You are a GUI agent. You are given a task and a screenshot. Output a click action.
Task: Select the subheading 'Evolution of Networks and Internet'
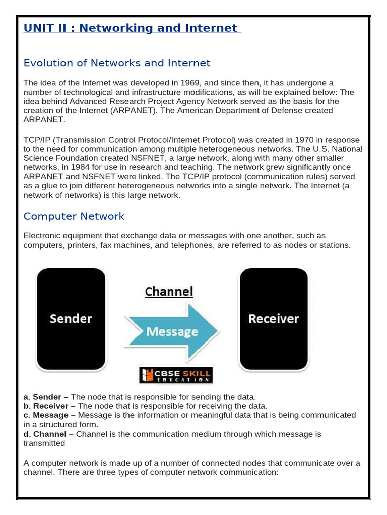[x=117, y=63]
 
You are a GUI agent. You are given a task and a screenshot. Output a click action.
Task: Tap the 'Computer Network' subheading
[x=74, y=216]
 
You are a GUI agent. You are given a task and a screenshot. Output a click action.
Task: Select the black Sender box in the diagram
[x=71, y=319]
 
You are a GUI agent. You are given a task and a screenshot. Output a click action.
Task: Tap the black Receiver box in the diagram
[x=273, y=319]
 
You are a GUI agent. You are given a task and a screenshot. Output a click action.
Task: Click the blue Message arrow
[x=172, y=331]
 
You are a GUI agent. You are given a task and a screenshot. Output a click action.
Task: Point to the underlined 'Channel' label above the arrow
[x=169, y=292]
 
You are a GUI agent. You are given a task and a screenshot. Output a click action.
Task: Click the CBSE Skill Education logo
[x=176, y=376]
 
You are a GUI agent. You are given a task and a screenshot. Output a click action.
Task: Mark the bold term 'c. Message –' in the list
[x=50, y=415]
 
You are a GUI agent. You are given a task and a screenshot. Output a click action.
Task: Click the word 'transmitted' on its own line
[x=44, y=443]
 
